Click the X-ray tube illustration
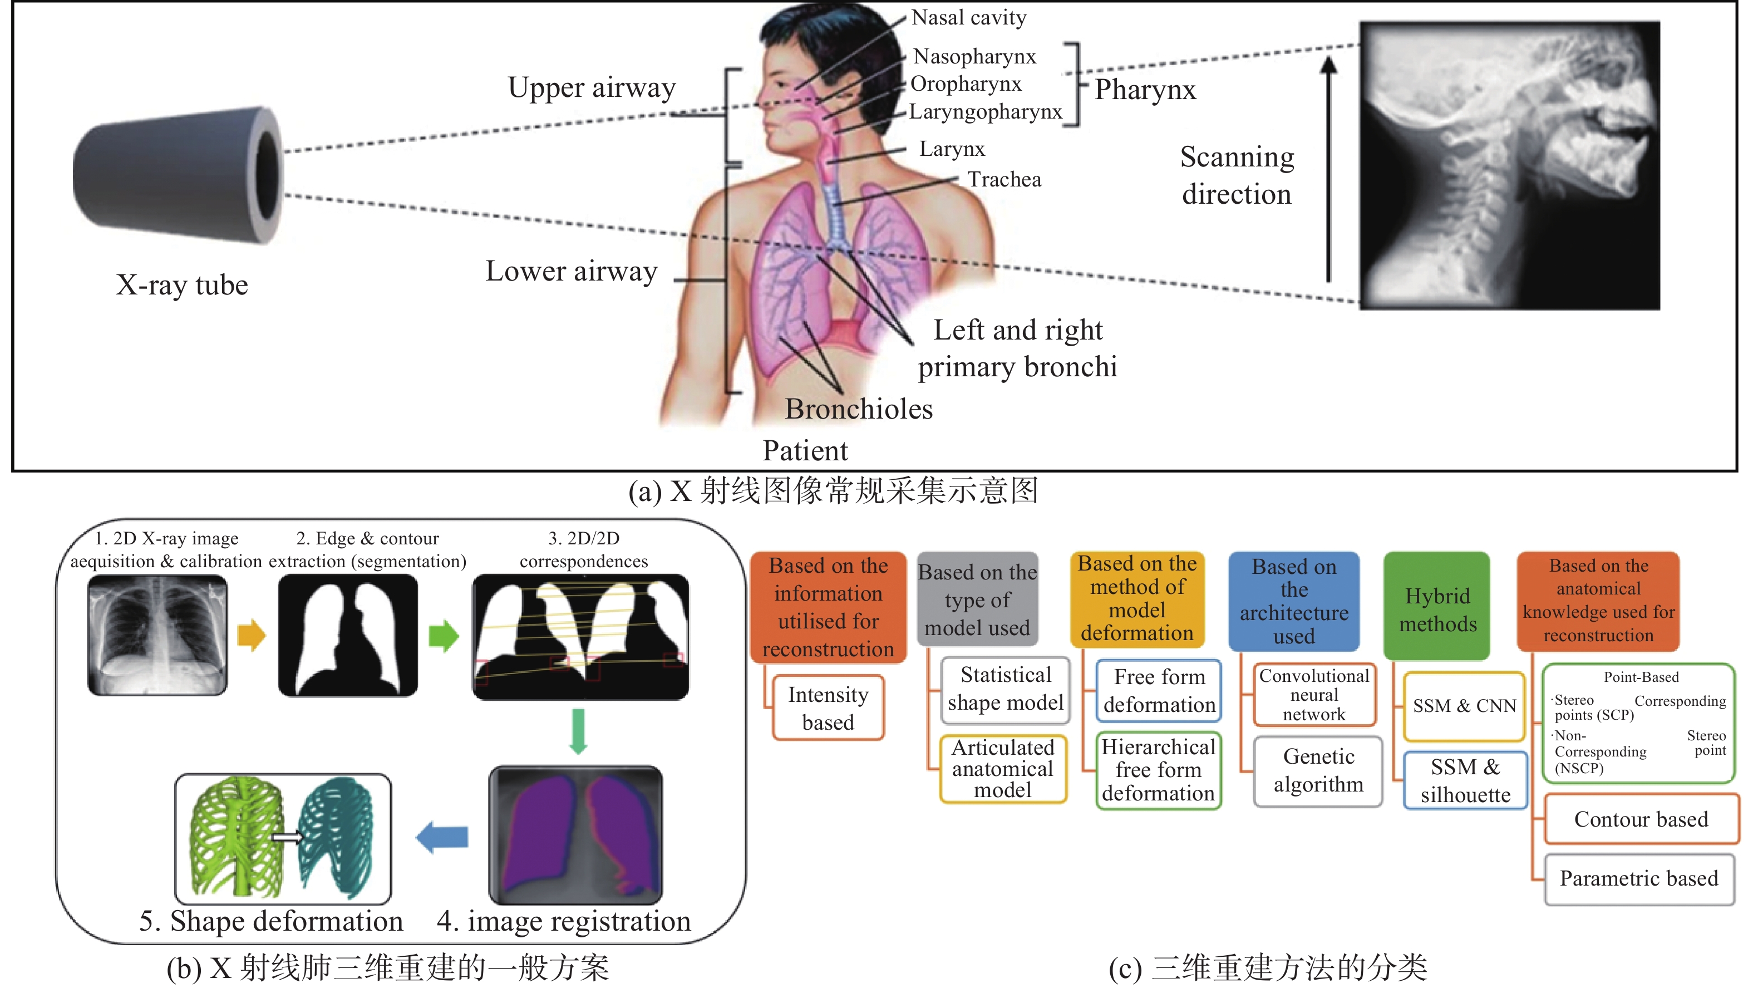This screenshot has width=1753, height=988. (178, 174)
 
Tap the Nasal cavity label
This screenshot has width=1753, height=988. (968, 17)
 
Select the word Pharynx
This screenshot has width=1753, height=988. (1145, 90)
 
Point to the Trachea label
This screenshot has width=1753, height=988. (1004, 180)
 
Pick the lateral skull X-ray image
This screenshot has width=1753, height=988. (1509, 165)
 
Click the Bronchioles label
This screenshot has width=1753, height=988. (859, 409)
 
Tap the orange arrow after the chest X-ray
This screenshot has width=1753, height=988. (251, 636)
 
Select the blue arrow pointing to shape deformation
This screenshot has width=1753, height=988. (442, 837)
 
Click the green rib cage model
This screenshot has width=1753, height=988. (238, 838)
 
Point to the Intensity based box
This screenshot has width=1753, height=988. (828, 707)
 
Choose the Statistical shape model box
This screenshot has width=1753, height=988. (1005, 689)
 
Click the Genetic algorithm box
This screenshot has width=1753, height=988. (1318, 771)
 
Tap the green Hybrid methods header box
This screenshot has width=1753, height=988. (1437, 606)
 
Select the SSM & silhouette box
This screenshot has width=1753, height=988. (1465, 780)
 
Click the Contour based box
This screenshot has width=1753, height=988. (1641, 819)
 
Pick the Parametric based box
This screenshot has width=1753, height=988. (1639, 879)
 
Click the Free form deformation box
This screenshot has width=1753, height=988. (1159, 691)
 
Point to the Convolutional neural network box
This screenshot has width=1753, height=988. (1314, 695)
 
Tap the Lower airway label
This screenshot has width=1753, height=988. (572, 272)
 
